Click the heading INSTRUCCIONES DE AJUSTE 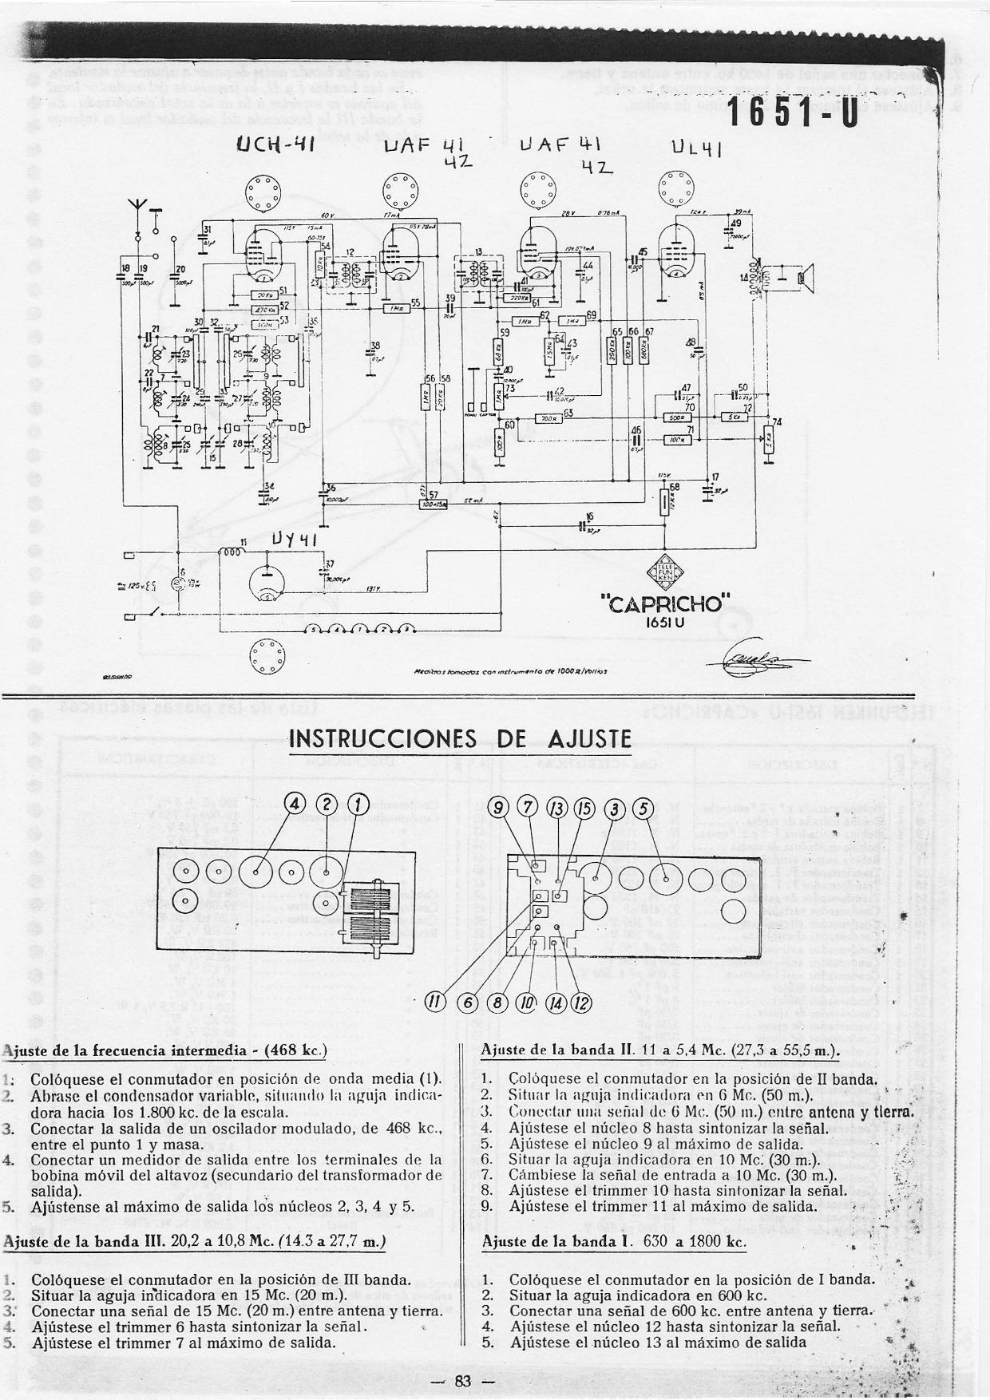click(459, 738)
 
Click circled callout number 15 click(585, 809)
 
